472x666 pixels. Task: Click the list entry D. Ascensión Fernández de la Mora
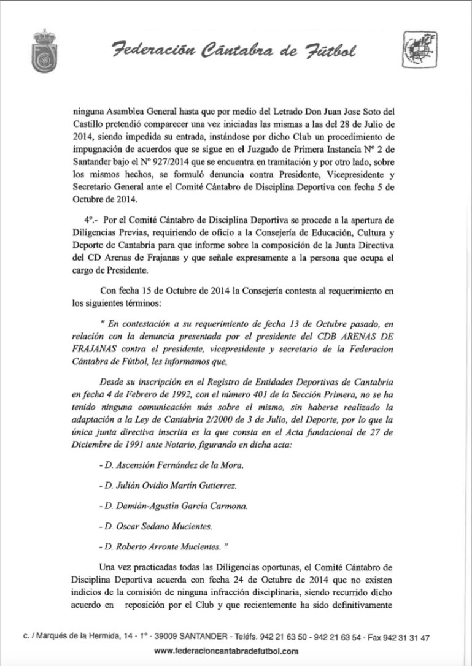[x=171, y=465]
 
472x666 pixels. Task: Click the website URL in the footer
[x=226, y=651]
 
